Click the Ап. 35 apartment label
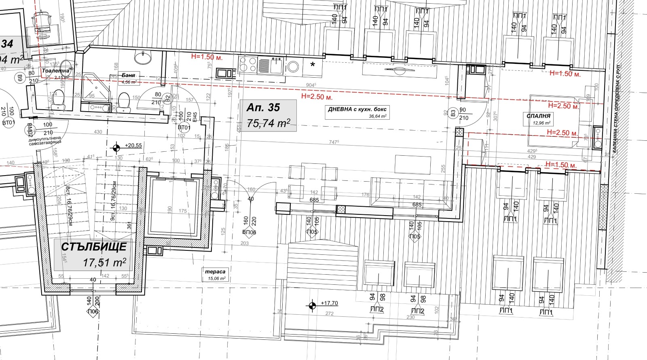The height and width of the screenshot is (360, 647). click(263, 108)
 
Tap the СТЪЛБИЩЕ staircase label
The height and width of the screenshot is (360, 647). click(94, 246)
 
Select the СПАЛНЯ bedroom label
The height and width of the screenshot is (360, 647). click(538, 116)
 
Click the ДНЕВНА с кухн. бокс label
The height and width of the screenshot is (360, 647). click(357, 109)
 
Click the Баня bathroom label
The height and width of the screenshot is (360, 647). click(128, 75)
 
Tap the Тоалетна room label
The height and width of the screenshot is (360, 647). click(55, 71)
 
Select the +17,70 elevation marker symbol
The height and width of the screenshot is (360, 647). click(312, 305)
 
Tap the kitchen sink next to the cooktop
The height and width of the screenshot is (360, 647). click(277, 65)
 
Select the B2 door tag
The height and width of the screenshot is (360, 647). click(167, 97)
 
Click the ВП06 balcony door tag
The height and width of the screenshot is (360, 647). click(249, 233)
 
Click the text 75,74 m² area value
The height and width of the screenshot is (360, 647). click(269, 123)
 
